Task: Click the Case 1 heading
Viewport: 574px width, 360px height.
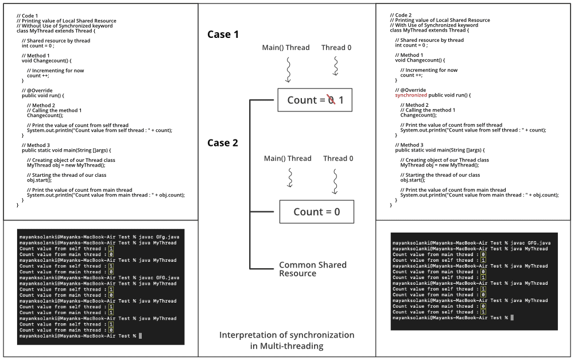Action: click(x=223, y=34)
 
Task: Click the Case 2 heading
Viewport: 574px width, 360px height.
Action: click(x=223, y=143)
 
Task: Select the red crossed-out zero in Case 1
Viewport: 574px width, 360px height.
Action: click(x=330, y=100)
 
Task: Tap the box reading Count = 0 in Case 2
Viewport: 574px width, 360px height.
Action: click(x=316, y=212)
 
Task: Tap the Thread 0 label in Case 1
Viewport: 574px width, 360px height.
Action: click(x=336, y=48)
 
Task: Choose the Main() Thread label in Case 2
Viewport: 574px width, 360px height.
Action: click(x=288, y=158)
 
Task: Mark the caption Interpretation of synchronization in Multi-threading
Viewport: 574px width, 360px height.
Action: click(x=286, y=340)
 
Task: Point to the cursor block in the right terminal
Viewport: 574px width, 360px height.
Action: click(x=512, y=318)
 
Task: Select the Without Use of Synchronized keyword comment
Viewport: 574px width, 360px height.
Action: click(x=64, y=26)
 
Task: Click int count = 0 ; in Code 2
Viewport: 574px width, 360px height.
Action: click(x=411, y=45)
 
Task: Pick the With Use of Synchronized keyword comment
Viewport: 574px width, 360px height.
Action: click(x=433, y=25)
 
